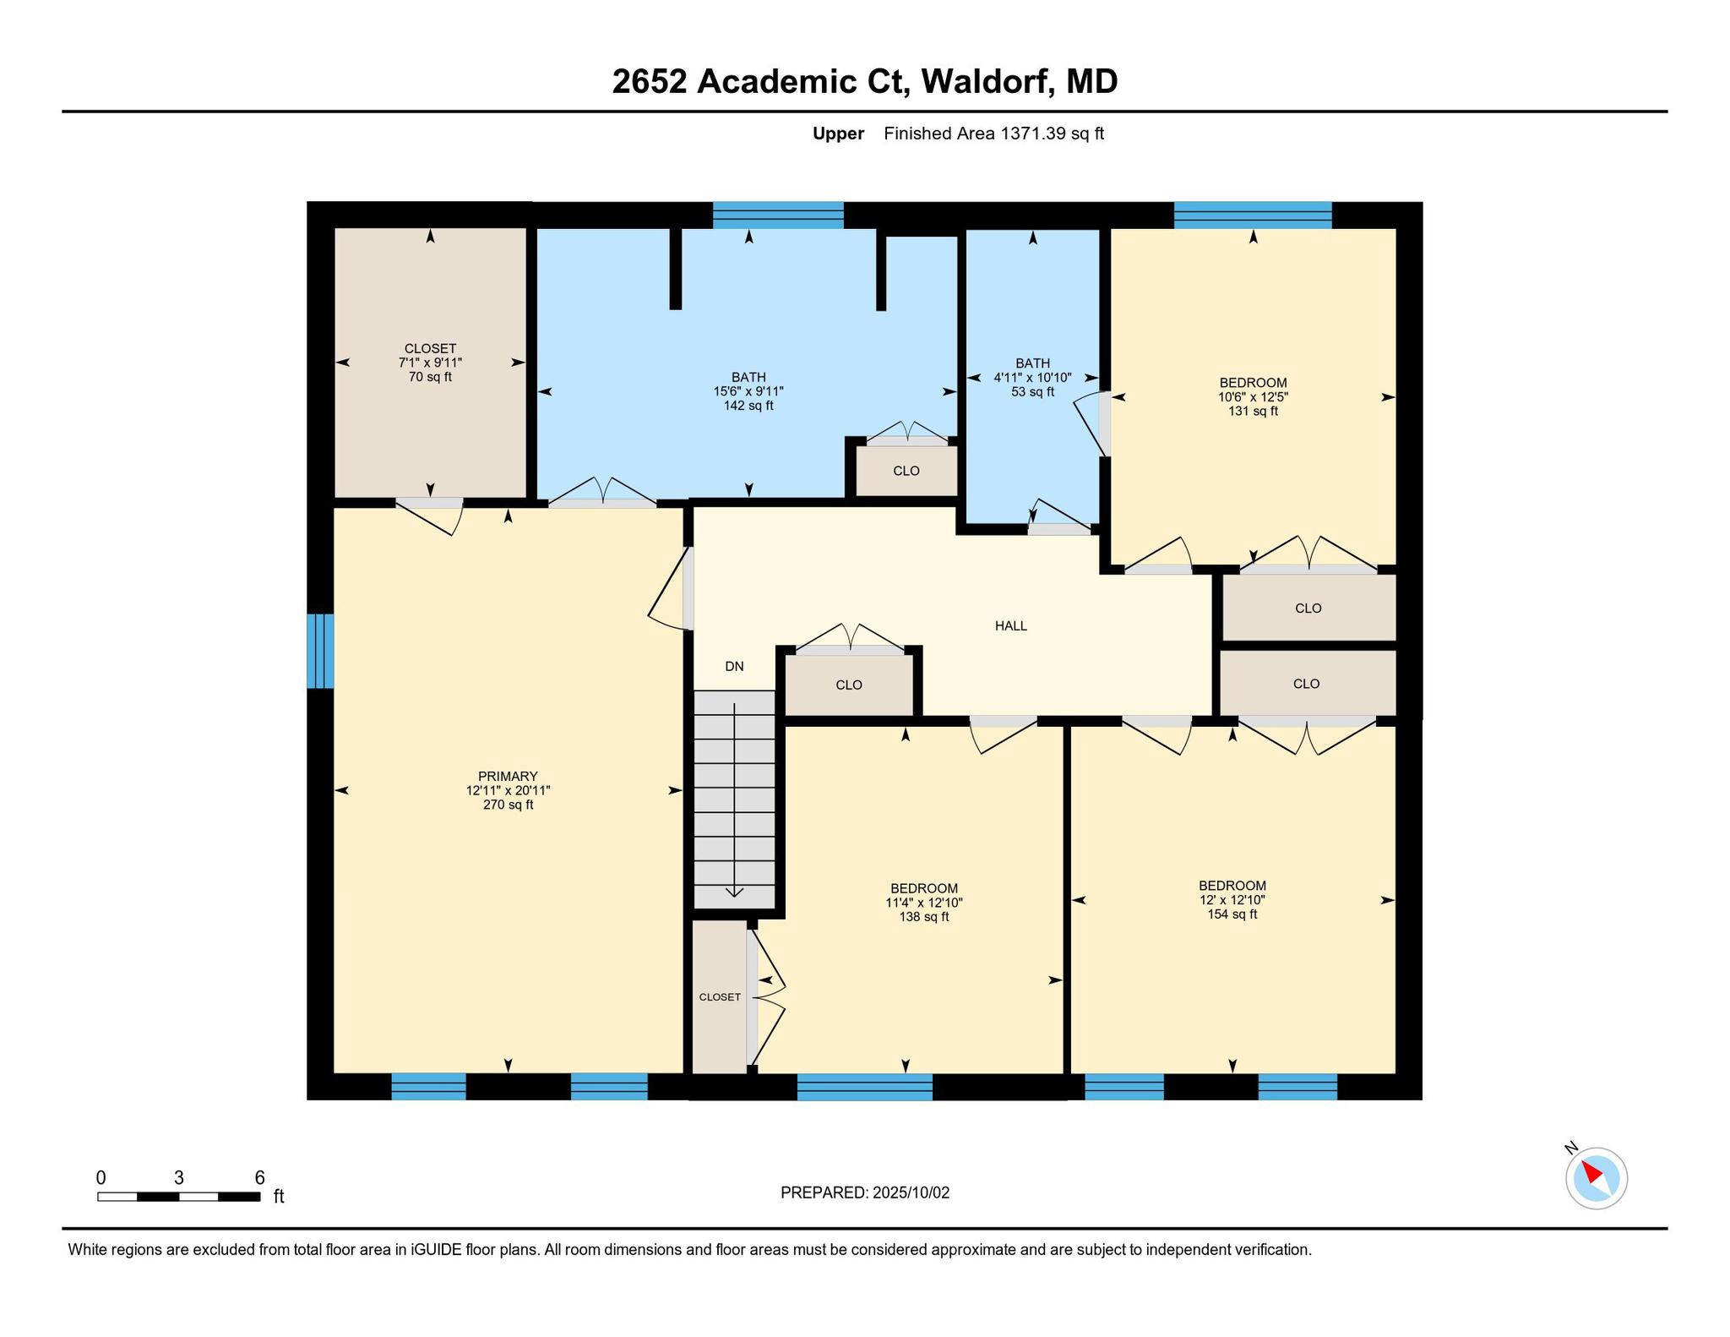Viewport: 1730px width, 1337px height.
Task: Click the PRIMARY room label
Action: [x=508, y=777]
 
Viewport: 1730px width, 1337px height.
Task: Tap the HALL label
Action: [x=1011, y=626]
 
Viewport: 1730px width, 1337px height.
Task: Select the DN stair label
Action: [x=734, y=666]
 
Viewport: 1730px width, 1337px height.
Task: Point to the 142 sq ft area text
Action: [x=748, y=406]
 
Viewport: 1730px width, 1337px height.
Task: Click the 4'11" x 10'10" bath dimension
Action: [x=1032, y=378]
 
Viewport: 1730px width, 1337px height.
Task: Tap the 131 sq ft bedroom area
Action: [x=1253, y=412]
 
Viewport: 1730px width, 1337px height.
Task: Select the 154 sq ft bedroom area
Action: [x=1232, y=914]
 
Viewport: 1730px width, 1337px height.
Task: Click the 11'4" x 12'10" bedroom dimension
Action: [x=923, y=903]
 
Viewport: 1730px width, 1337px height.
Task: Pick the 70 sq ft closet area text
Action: [x=430, y=377]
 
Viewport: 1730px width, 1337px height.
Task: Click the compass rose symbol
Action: [x=1596, y=1178]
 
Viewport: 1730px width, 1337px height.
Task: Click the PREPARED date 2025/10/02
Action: [x=911, y=1193]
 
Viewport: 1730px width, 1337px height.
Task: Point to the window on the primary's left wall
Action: [x=320, y=651]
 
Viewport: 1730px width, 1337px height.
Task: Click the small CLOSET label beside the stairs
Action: [x=720, y=997]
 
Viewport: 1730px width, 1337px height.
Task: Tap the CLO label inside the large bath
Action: [x=906, y=471]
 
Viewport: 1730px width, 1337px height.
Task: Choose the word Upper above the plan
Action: [x=838, y=134]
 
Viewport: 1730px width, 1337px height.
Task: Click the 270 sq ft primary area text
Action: [x=508, y=805]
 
